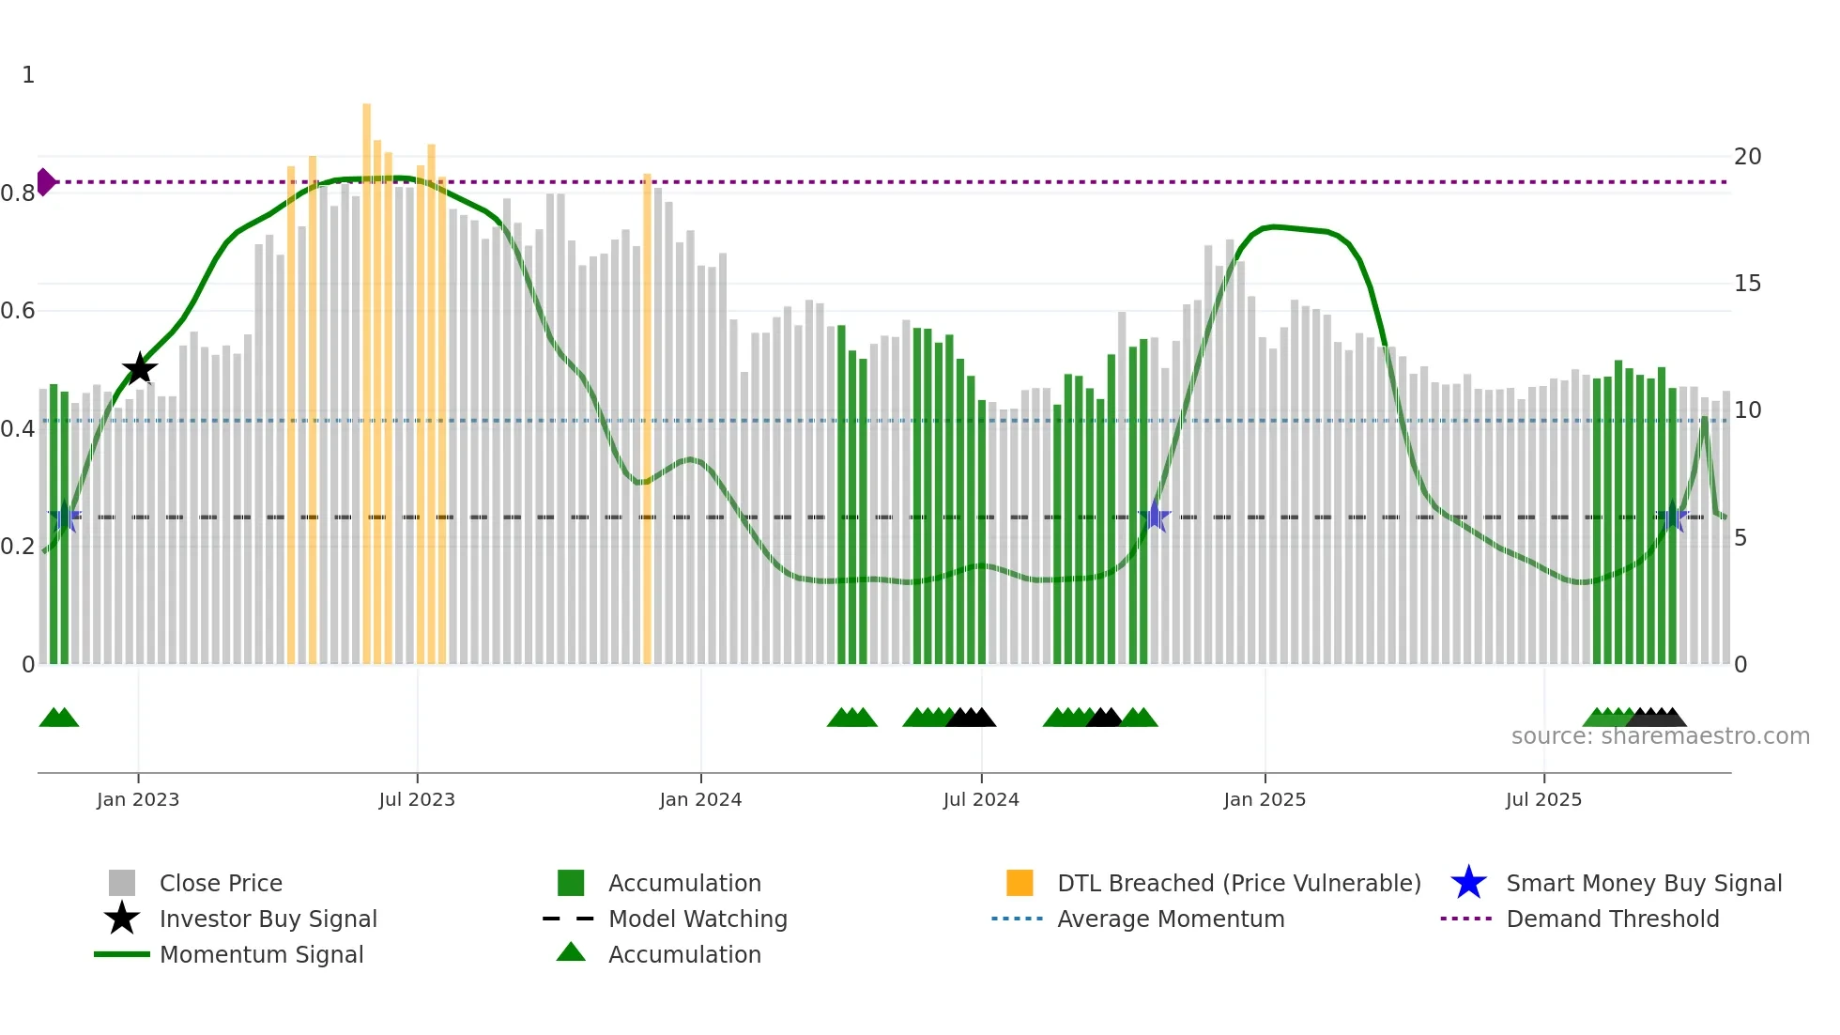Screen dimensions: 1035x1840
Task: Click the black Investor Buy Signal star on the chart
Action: click(140, 369)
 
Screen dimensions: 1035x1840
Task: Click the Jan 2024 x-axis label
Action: click(700, 799)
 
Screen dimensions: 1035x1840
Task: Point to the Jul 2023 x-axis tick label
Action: click(417, 799)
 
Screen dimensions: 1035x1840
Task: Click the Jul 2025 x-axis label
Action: click(1543, 799)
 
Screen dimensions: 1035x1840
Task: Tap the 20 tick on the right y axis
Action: click(1747, 157)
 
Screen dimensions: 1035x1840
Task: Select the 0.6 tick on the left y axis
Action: click(18, 311)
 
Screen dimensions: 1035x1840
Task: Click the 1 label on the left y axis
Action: click(28, 75)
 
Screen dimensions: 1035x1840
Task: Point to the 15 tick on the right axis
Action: click(1747, 284)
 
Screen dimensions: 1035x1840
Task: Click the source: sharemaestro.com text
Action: click(1660, 736)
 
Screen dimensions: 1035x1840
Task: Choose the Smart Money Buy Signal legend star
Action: click(1468, 883)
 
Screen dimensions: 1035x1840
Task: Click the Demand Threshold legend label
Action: click(1612, 919)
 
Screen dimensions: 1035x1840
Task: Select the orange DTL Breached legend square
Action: click(1020, 883)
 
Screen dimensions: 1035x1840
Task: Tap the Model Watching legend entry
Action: click(697, 919)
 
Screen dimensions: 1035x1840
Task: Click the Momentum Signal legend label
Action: click(261, 954)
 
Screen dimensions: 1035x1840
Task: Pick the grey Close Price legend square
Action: click(122, 883)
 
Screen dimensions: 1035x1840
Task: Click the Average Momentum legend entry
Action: click(1170, 919)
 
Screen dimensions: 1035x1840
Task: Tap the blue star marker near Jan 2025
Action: click(1155, 517)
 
